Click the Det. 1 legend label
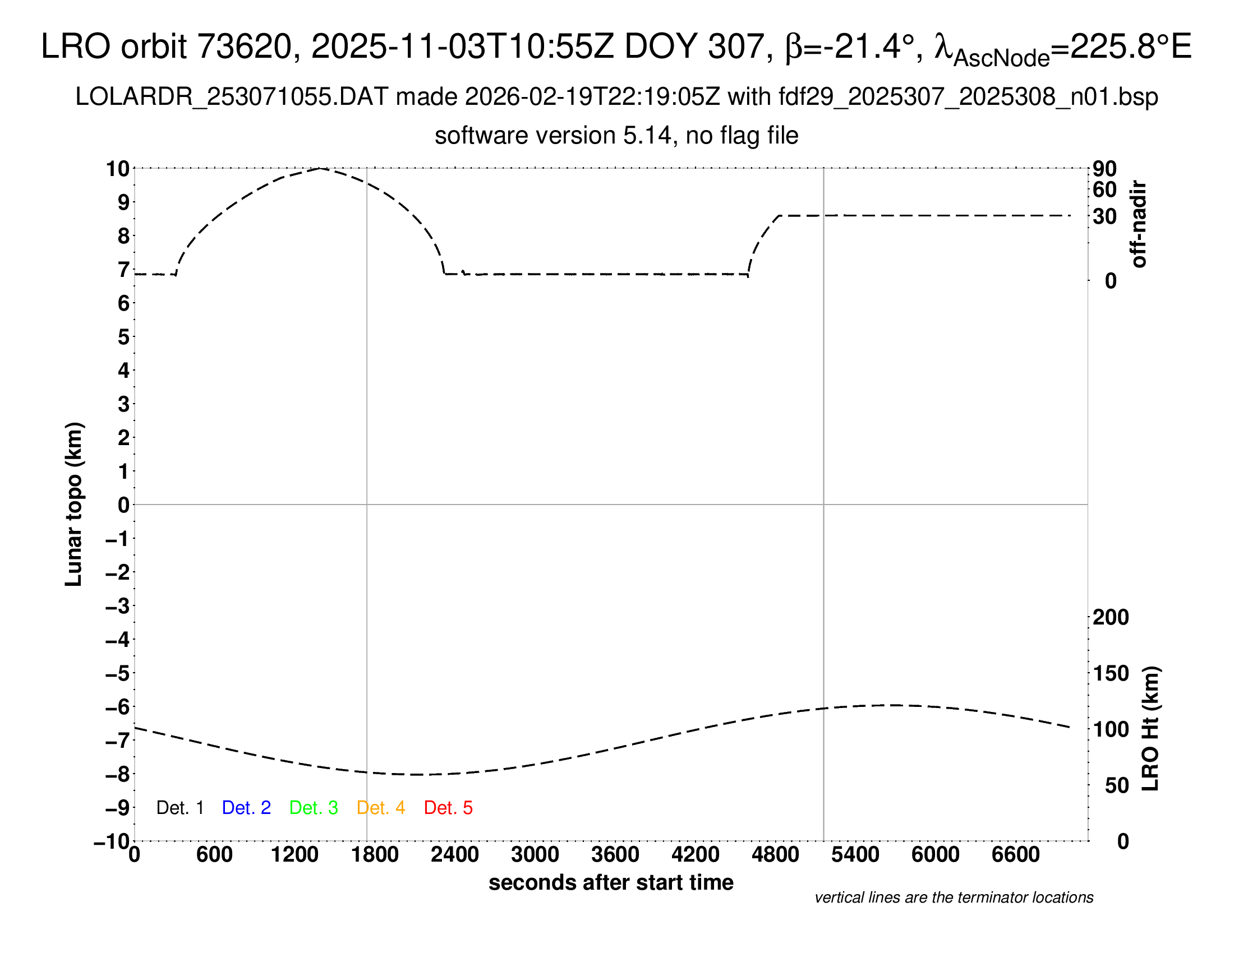(x=179, y=808)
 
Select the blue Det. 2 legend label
(x=246, y=808)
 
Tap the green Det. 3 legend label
(x=314, y=808)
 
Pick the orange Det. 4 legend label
(x=381, y=808)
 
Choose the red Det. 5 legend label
(x=448, y=808)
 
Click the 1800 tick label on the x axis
(x=375, y=855)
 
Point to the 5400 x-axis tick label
(x=855, y=855)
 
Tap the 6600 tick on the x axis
(x=1015, y=855)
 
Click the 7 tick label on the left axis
(x=124, y=270)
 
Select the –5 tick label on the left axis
(x=118, y=673)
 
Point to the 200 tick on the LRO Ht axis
(x=1111, y=617)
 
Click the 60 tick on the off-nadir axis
(x=1104, y=189)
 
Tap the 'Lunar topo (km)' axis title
(x=74, y=504)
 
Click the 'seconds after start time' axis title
(x=611, y=883)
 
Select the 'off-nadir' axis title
(x=1139, y=224)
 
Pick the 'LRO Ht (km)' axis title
(x=1150, y=729)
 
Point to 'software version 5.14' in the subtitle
(x=553, y=136)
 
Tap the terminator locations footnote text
(x=954, y=898)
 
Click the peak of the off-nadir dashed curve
(x=320, y=168)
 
